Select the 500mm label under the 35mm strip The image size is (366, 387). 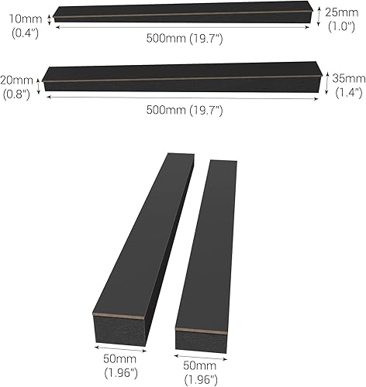tap(185, 110)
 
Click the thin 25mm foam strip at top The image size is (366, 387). tap(182, 15)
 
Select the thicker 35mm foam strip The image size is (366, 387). tap(182, 77)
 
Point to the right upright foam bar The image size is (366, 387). tap(205, 248)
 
